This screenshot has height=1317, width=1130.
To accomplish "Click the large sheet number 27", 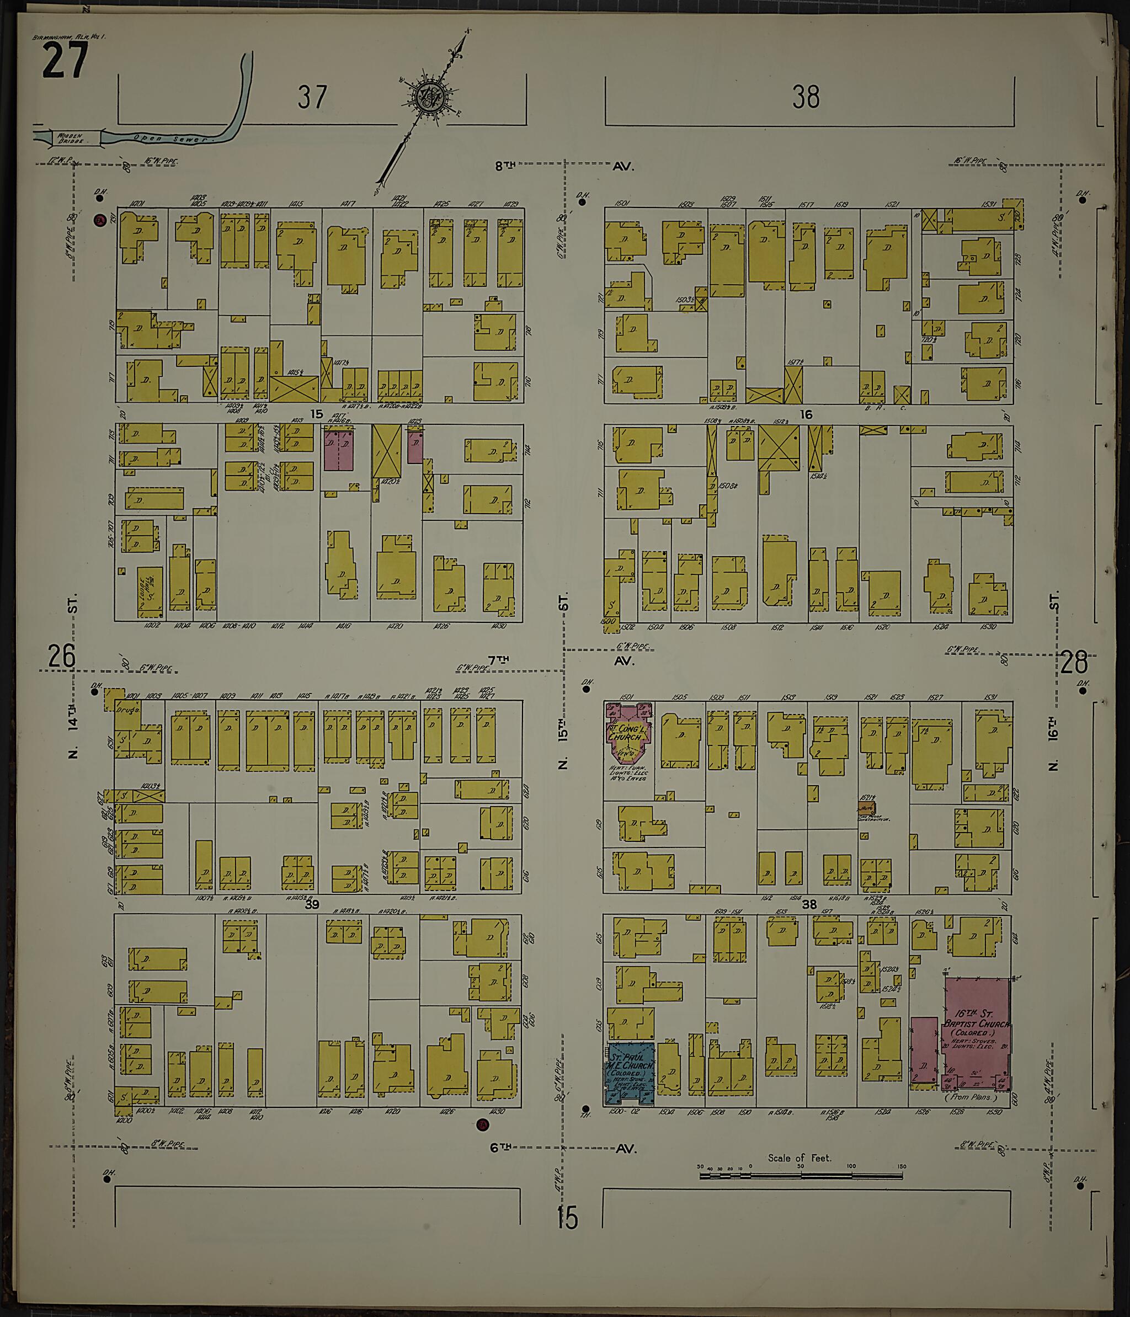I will pos(65,62).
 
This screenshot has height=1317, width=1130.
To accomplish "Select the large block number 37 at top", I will pos(313,97).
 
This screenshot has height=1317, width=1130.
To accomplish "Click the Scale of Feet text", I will pos(799,1158).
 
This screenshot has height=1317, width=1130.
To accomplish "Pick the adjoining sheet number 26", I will pos(62,656).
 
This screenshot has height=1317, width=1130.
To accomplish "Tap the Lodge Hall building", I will pos(150,592).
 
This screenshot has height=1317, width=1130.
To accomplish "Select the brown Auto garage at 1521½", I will pos(866,808).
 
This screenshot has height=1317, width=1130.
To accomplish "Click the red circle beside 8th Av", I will pos(99,221).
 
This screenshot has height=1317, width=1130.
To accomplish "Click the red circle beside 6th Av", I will pos(482,1124).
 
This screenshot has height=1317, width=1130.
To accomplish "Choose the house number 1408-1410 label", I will pos(239,626).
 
